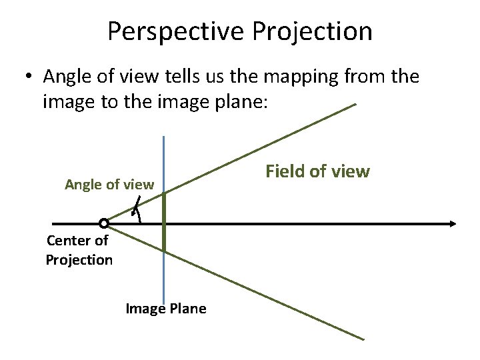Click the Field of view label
[x=317, y=171]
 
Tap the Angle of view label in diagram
[x=109, y=185]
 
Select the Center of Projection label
[x=79, y=250]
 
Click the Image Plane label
[x=166, y=308]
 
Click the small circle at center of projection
[x=103, y=223]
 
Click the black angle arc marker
[x=137, y=209]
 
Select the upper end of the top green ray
[x=355, y=105]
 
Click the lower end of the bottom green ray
[x=363, y=339]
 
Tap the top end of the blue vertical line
[x=163, y=137]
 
